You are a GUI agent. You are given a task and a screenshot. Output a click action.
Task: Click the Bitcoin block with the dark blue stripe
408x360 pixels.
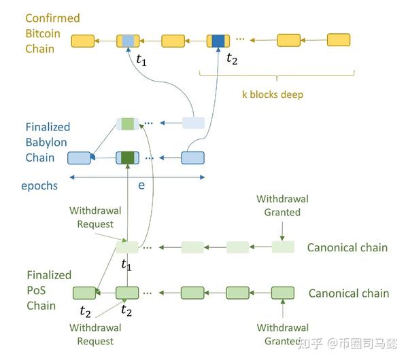[218, 41]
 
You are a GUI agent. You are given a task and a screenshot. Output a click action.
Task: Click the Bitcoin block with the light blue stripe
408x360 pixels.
[128, 41]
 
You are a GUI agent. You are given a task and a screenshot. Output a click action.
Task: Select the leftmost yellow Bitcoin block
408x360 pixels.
[83, 41]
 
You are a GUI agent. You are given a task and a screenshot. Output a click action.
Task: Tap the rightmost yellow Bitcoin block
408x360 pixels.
[339, 40]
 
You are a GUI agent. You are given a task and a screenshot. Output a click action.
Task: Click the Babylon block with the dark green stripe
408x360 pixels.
[128, 158]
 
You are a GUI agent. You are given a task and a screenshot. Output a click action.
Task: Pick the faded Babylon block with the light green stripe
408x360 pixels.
[128, 124]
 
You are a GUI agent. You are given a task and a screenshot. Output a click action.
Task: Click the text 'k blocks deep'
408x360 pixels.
[273, 94]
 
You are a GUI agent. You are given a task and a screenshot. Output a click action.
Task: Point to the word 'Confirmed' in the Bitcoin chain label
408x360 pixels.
[52, 18]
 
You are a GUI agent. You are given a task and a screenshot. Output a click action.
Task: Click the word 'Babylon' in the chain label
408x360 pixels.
[46, 143]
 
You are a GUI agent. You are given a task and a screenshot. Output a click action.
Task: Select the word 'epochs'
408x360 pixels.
[39, 186]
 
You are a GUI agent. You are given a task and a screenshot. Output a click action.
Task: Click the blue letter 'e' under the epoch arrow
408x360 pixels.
[141, 185]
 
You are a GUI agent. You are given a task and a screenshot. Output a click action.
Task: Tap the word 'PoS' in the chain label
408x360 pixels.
[36, 290]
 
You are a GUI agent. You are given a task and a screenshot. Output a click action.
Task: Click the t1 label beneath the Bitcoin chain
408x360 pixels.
[141, 60]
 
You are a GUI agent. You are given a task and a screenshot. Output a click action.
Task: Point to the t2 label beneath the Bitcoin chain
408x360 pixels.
[232, 58]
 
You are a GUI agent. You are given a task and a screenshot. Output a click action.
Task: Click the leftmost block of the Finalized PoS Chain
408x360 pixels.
[84, 293]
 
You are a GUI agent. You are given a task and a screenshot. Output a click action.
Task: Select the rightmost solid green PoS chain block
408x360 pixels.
[283, 293]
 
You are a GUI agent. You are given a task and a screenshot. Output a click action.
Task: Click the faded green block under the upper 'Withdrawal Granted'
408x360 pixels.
[283, 247]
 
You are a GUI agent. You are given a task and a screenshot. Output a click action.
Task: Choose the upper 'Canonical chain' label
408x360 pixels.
[347, 247]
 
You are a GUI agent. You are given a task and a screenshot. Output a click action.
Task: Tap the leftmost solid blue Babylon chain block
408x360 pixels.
[79, 158]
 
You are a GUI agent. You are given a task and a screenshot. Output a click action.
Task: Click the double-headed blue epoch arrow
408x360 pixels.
[137, 177]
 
